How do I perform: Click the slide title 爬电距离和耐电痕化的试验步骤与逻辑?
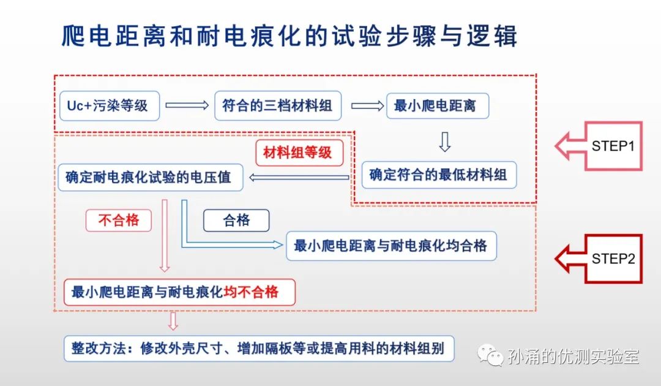coord(289,36)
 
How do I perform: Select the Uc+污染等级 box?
coord(110,105)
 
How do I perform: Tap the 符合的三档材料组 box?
coord(278,105)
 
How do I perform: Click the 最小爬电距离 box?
coord(438,105)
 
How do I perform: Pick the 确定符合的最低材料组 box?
coord(439,175)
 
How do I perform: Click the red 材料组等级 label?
coord(299,153)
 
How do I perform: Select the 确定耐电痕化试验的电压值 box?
coord(151,177)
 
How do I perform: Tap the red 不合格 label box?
coord(119,220)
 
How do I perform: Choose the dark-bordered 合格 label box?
coord(236,220)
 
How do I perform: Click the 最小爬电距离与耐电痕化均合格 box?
coord(391,246)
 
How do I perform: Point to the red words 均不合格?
coord(252,292)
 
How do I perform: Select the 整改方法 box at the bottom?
coord(259,349)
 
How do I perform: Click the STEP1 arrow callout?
coord(598,146)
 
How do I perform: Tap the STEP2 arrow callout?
coord(598,259)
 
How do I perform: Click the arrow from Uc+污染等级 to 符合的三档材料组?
coord(187,105)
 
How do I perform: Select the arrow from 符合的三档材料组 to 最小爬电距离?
coord(368,105)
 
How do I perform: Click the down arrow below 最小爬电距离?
coord(445,142)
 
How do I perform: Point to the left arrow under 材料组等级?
coord(299,178)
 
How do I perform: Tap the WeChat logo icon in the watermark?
coord(490,355)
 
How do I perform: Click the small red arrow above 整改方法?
coord(173,321)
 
